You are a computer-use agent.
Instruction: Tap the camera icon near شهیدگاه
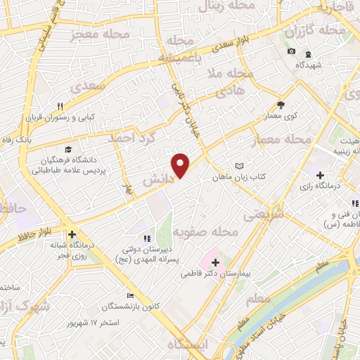tap(292, 51)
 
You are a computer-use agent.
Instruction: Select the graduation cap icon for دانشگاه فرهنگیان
tap(68, 149)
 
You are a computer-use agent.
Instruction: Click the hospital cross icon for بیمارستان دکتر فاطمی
tap(215, 262)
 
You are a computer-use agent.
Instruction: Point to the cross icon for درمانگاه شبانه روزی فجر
tap(72, 235)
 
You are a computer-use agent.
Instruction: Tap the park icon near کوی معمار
tap(281, 104)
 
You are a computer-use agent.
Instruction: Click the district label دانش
tap(158, 180)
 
